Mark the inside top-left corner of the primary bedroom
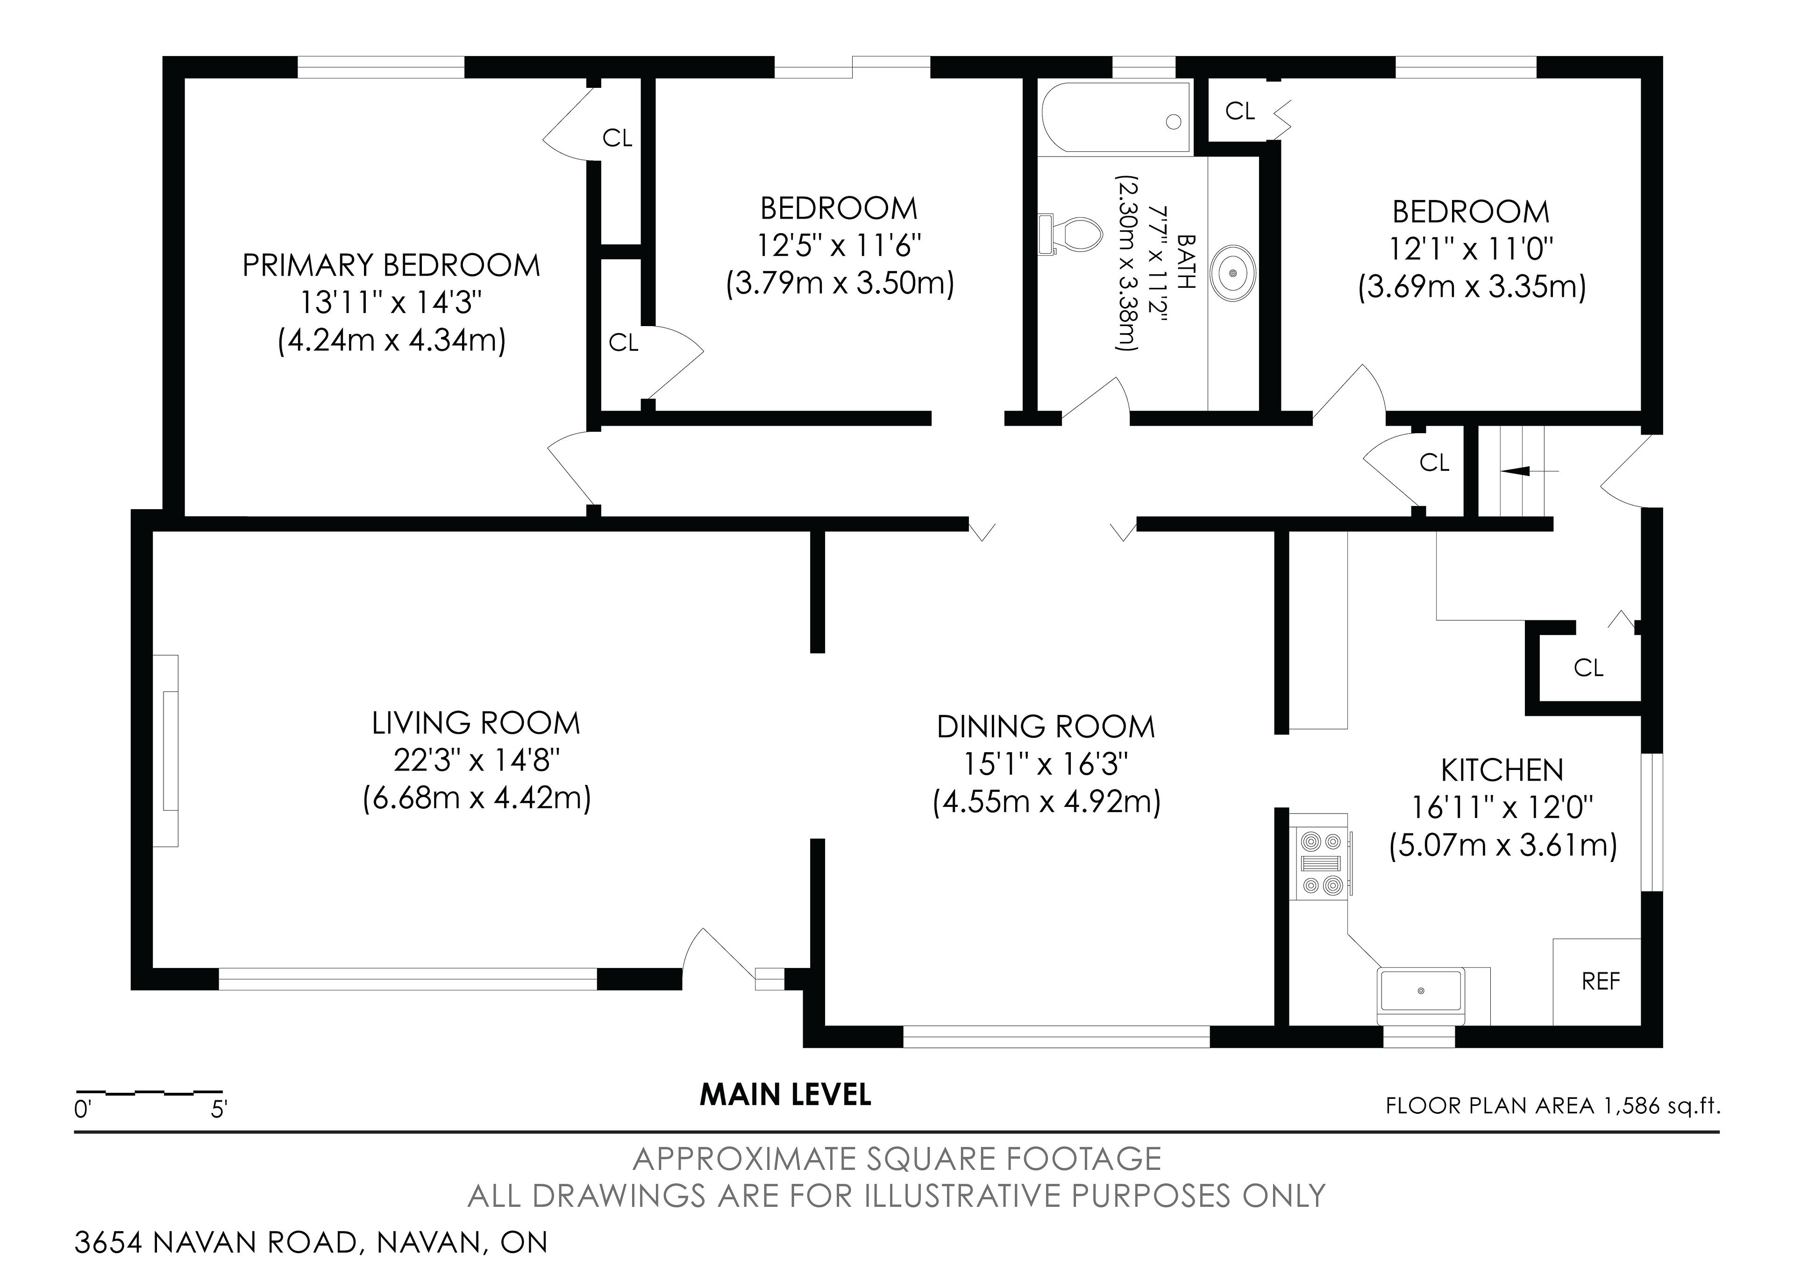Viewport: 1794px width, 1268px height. coord(185,78)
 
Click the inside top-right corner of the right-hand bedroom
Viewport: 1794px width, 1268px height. coord(1641,78)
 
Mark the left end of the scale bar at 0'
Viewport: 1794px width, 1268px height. coord(76,1091)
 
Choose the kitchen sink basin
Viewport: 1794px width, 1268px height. coord(1421,990)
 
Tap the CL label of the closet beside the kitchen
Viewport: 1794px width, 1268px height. coord(1588,668)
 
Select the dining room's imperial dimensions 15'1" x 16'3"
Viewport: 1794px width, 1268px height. coord(1046,764)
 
